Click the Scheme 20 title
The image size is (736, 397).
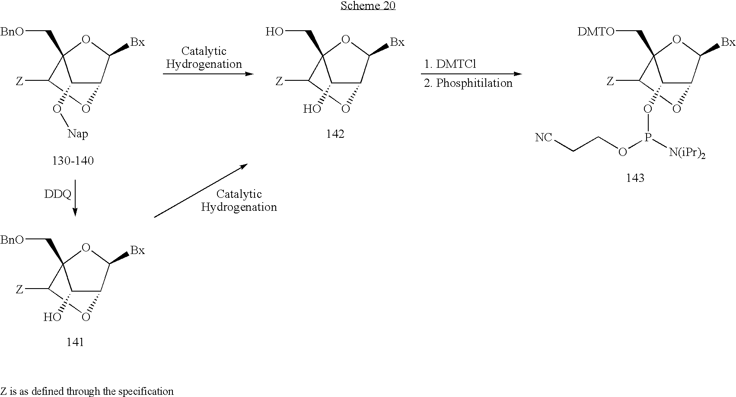[368, 6]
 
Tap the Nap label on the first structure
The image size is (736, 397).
[78, 134]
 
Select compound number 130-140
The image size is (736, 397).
[73, 161]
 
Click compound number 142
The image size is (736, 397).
[335, 134]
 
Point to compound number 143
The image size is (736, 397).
[635, 178]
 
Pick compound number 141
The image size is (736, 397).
[75, 342]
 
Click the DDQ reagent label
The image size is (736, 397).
[58, 194]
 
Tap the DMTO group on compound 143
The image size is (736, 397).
[596, 32]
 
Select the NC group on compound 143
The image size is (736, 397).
[544, 137]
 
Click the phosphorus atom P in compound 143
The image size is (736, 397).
[647, 137]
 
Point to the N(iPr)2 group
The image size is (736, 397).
[687, 153]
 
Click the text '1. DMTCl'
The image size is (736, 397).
[450, 64]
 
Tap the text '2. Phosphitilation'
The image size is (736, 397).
[468, 83]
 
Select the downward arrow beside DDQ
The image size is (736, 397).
[75, 198]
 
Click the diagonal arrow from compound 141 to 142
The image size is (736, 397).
[201, 191]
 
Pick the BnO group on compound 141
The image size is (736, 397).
[12, 240]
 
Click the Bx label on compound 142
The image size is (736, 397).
[397, 42]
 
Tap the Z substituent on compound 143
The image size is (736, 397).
[610, 82]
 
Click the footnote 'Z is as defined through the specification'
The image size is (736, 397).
[87, 391]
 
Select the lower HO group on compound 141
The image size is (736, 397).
[52, 317]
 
